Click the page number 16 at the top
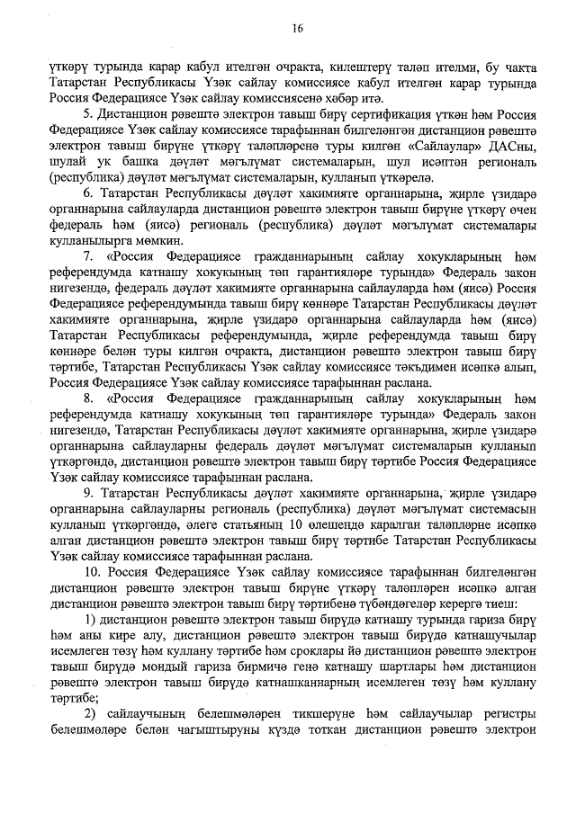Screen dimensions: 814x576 point(297,29)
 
